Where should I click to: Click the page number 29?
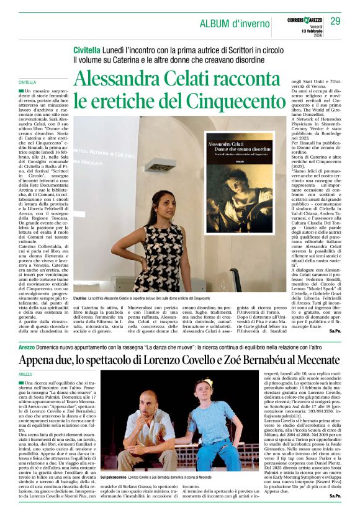[335, 22]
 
